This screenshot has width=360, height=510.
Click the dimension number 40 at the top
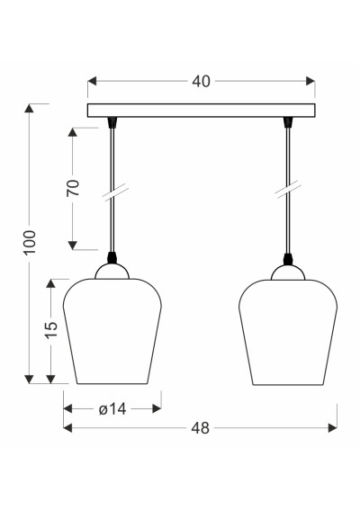tap(201, 81)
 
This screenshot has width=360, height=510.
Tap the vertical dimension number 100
tap(30, 243)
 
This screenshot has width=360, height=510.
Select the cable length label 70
tap(73, 188)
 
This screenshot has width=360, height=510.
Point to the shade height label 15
tap(51, 330)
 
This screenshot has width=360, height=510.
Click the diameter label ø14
tap(112, 409)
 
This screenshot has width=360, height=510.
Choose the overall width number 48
tap(200, 428)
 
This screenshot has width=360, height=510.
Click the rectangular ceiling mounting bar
tap(202, 111)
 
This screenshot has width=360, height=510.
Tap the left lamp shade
tap(112, 331)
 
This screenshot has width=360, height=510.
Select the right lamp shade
tap(288, 332)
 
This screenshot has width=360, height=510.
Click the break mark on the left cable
tap(115, 192)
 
